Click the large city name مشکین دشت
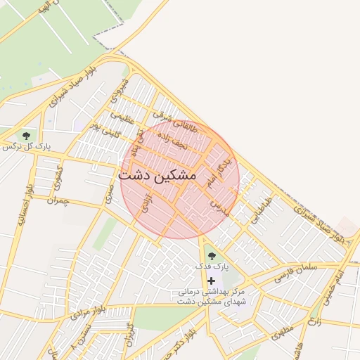[x=157, y=175]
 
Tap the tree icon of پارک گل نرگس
[x=27, y=135]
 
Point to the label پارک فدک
[x=212, y=267]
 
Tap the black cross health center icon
[x=211, y=281]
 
